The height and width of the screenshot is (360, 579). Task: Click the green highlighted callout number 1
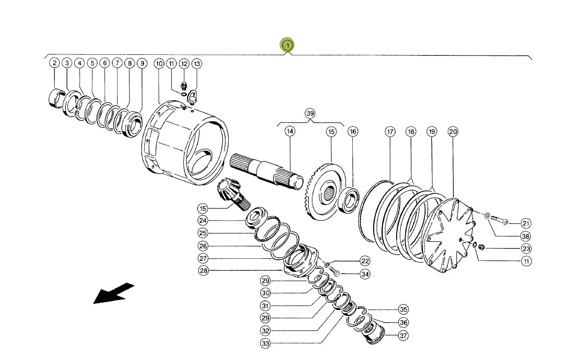287,45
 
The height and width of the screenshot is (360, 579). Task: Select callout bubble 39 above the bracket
310,114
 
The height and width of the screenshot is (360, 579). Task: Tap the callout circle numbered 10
159,63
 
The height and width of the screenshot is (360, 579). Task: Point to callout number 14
290,131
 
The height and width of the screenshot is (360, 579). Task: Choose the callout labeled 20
453,132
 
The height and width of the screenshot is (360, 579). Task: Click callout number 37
403,336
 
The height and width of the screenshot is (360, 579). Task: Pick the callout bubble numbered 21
526,223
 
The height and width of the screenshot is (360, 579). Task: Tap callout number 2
55,63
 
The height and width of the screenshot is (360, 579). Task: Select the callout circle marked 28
203,271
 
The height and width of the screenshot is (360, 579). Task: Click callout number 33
266,344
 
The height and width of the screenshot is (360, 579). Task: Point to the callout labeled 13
197,63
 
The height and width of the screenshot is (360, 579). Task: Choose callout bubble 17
390,132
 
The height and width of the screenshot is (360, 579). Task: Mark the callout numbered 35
403,309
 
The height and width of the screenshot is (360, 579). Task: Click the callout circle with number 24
203,221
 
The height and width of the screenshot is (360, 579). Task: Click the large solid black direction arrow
114,293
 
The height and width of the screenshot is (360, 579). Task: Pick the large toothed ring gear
327,192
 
